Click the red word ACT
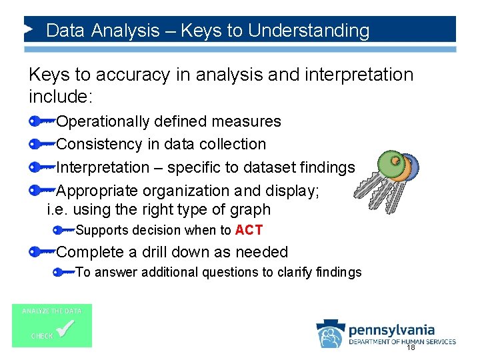(249, 231)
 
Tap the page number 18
(411, 347)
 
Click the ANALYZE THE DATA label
(52, 311)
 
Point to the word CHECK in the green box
(42, 336)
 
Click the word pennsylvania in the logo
(391, 329)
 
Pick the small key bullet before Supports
(64, 231)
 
